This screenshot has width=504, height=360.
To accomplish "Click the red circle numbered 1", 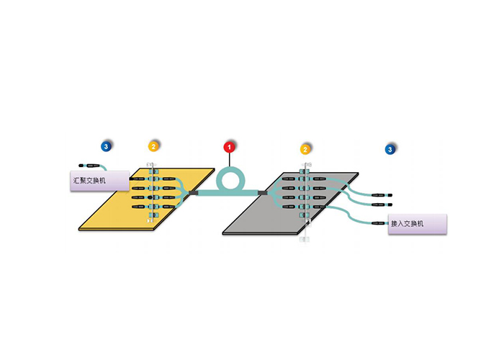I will coord(230,147).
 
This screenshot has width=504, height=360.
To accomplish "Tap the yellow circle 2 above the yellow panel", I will coord(153,146).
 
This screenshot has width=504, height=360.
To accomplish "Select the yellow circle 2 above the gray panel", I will coord(306,149).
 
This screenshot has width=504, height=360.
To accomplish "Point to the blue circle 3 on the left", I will coord(107,146).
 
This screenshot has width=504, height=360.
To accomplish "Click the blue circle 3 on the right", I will coord(390,149).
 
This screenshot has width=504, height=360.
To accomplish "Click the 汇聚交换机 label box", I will coord(99,180).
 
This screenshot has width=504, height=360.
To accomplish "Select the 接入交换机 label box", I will coord(418,223).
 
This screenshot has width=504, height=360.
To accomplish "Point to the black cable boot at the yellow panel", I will coord(192,192).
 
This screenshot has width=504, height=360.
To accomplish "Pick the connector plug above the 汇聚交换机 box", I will coord(91,165).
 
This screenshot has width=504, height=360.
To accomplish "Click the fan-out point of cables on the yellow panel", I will coord(184,192).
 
